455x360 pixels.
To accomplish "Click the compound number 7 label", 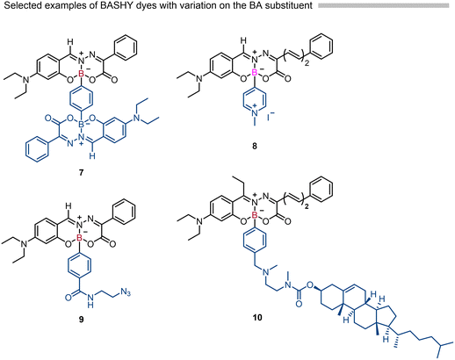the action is point(81,172).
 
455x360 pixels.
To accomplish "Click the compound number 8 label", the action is point(254,146).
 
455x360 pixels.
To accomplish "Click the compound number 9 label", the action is point(81,319).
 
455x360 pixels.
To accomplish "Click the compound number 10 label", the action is point(257,317).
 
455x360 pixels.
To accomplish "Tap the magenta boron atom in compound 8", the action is point(255,75).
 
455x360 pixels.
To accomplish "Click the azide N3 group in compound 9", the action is point(125,294).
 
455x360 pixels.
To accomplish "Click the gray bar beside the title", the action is point(383,5).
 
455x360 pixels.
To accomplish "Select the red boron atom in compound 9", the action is point(79,240).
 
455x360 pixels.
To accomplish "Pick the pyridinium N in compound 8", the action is point(255,112).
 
